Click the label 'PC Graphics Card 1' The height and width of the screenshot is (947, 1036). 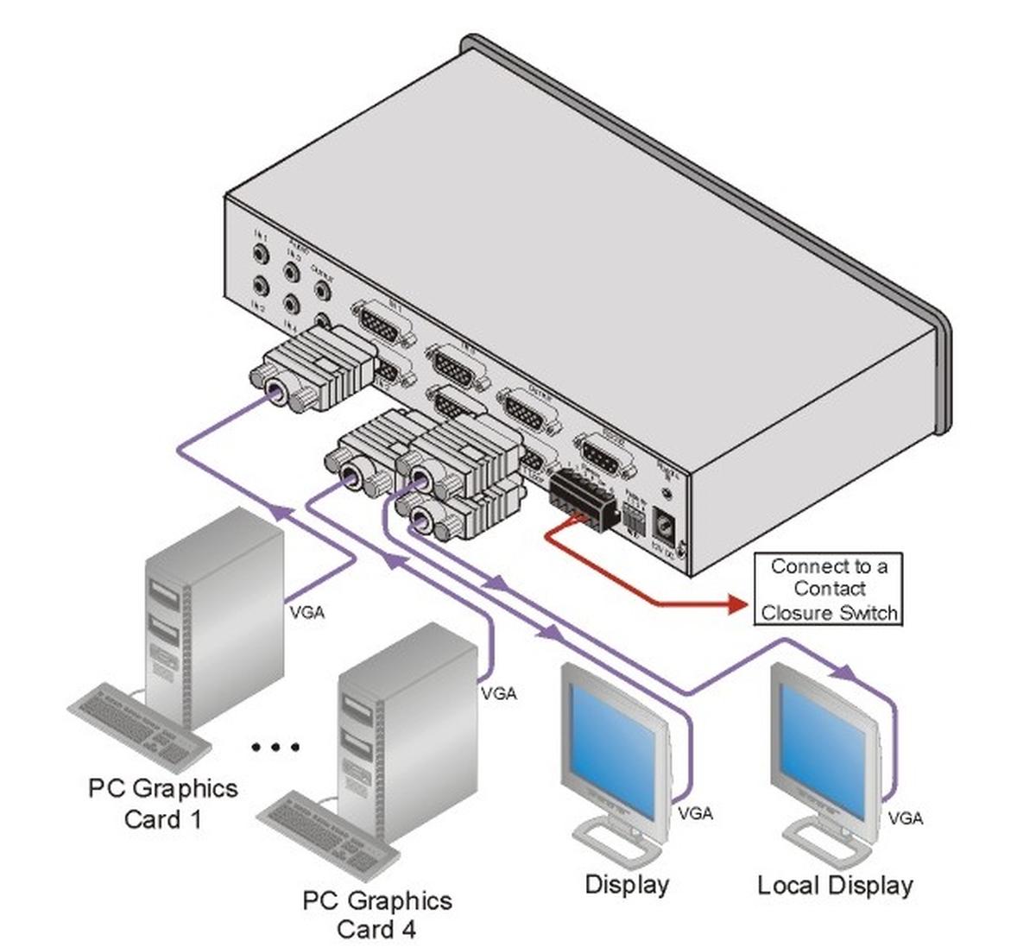(x=162, y=803)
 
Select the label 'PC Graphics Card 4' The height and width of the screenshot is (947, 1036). (x=376, y=914)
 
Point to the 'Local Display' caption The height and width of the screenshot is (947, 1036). (x=835, y=885)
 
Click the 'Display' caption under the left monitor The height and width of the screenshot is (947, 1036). (x=627, y=884)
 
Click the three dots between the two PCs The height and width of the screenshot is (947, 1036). (x=275, y=747)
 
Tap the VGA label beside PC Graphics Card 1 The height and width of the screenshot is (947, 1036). (x=307, y=614)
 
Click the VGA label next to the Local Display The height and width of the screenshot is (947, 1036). (x=905, y=817)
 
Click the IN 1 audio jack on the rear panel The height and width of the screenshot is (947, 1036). (x=261, y=256)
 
